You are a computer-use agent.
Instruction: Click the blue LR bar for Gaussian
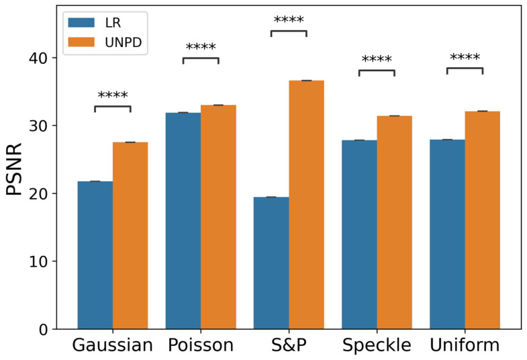(95, 255)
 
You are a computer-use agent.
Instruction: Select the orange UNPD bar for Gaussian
(130, 235)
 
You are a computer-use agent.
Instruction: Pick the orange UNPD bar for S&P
(306, 205)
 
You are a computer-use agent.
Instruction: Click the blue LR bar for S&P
(271, 263)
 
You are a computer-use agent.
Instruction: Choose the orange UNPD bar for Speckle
(394, 222)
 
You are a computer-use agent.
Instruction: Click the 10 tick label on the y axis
(38, 261)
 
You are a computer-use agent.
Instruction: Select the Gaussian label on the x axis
(113, 346)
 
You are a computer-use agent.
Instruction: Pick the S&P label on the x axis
(289, 346)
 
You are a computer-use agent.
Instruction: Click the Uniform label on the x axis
(465, 346)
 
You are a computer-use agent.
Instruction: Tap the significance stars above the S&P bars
(289, 20)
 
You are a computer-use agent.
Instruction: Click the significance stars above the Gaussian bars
(113, 96)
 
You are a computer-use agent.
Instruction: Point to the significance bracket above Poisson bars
(201, 59)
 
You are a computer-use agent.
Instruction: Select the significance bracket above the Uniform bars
(465, 69)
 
